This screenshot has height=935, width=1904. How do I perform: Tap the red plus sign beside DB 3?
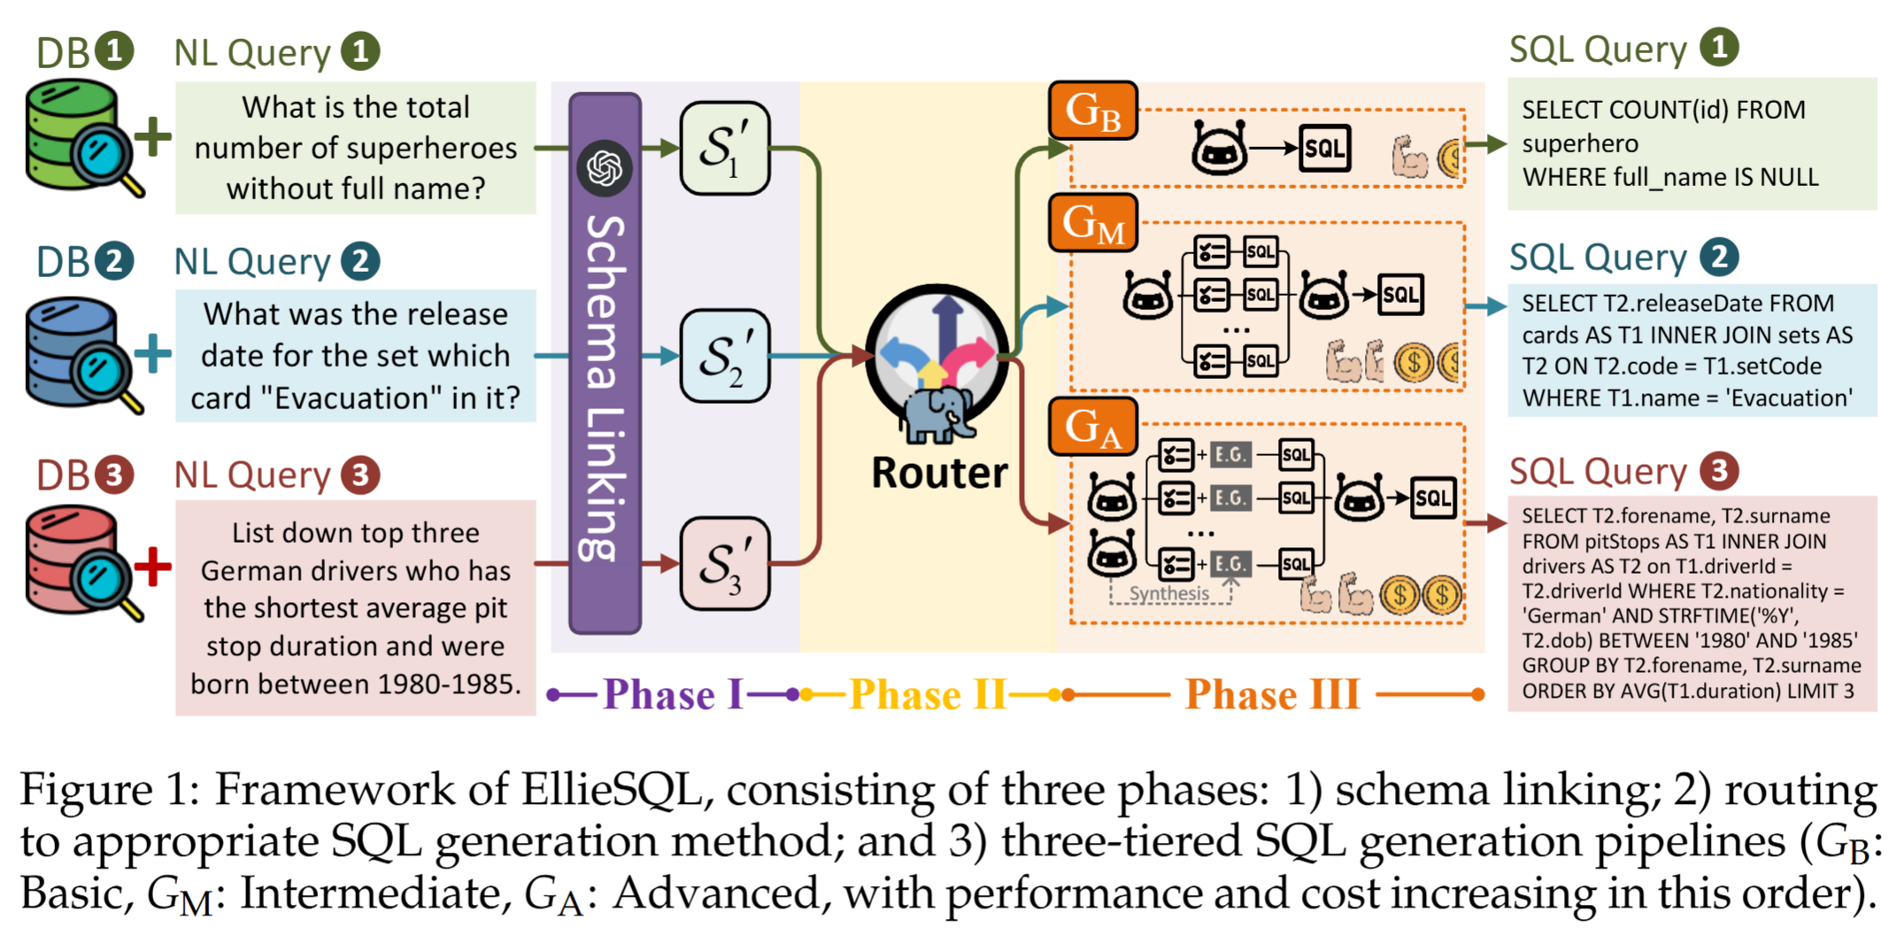[x=152, y=566]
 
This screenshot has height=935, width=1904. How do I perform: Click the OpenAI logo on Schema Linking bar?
[x=605, y=167]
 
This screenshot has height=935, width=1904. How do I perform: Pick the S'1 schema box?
[x=724, y=148]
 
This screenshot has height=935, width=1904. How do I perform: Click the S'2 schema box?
[x=724, y=356]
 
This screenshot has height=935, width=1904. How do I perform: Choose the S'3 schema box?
[x=724, y=564]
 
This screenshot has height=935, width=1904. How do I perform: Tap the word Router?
[x=939, y=473]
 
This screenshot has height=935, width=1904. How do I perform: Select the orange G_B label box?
[x=1092, y=111]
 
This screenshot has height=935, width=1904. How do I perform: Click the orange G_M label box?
[x=1092, y=222]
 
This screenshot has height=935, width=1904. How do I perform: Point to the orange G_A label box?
[x=1092, y=427]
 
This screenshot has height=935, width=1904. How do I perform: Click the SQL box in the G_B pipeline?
[x=1324, y=148]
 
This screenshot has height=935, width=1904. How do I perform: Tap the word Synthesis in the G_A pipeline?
[x=1168, y=593]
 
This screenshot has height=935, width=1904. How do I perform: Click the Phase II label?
[x=928, y=694]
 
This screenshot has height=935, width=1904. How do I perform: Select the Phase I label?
[x=673, y=694]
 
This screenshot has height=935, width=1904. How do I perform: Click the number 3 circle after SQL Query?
[x=1718, y=470]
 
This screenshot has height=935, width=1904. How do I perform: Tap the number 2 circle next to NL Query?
[x=360, y=261]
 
